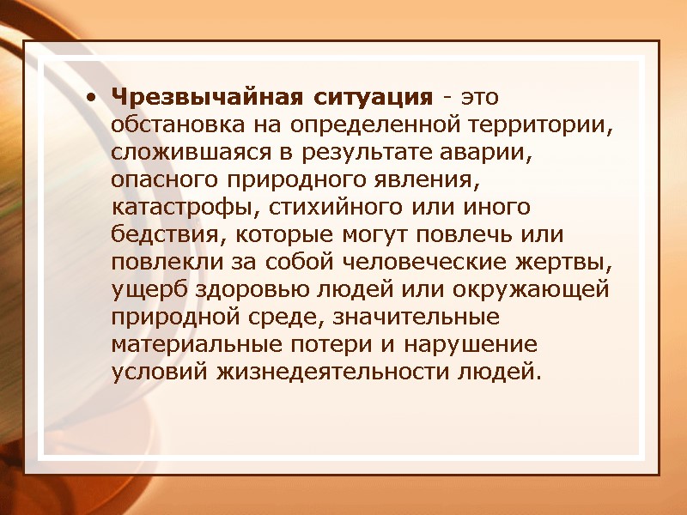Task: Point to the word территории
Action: coord(540,124)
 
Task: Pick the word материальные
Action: coord(194,346)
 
